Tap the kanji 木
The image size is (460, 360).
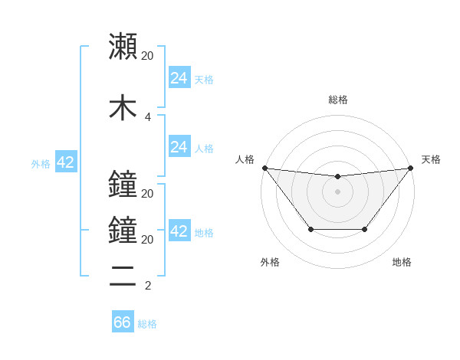(123, 107)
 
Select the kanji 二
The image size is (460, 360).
(123, 277)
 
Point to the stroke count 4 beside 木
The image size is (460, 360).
(147, 117)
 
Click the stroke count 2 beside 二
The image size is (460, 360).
(147, 286)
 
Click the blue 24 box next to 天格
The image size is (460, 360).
(179, 78)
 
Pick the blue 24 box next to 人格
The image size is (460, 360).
(179, 147)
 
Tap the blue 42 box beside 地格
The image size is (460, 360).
(179, 232)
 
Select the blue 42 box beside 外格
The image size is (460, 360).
(65, 162)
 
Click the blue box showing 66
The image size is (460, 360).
(123, 322)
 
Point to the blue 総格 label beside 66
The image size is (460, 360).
(147, 324)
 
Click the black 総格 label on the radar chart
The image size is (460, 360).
(337, 100)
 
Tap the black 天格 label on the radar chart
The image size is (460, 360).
(432, 159)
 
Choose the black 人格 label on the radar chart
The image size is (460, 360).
(245, 159)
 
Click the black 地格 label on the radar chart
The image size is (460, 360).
(402, 263)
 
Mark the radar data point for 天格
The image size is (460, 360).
(411, 168)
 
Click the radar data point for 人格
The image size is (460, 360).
(264, 168)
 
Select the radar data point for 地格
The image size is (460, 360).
(365, 229)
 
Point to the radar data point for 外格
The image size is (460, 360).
(310, 229)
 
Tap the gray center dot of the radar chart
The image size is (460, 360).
(337, 191)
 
